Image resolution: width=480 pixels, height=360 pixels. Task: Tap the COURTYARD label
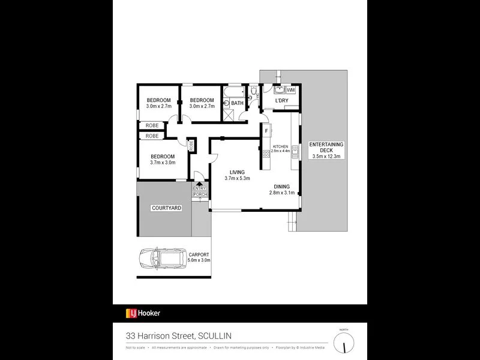166,208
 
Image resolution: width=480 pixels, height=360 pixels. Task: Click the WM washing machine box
292,89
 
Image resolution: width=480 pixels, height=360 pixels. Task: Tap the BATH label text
238,103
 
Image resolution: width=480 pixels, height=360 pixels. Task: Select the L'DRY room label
281,101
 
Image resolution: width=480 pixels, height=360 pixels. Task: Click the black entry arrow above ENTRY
199,184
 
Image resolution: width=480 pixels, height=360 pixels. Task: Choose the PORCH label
199,194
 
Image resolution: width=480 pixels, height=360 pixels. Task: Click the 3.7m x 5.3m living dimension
237,178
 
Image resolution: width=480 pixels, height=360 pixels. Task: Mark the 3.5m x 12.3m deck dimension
326,156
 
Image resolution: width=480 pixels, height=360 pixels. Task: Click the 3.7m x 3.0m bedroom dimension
163,162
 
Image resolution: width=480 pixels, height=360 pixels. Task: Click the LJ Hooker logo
143,313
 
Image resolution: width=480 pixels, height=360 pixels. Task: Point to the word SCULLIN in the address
212,335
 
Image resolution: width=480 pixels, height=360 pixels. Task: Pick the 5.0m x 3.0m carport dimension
199,260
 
